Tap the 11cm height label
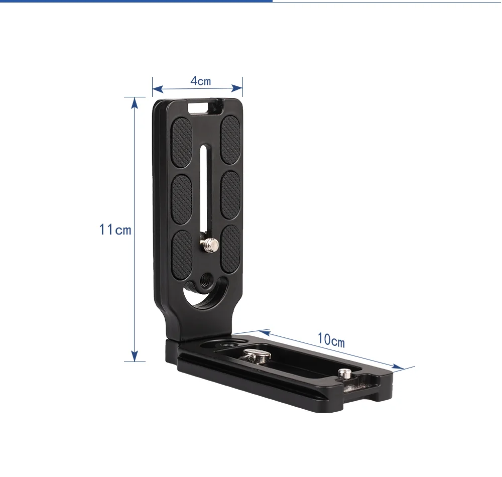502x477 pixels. coord(115,229)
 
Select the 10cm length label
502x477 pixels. coord(331,340)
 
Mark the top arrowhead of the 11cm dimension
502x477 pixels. coord(134,102)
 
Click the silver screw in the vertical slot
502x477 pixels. coord(210,245)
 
